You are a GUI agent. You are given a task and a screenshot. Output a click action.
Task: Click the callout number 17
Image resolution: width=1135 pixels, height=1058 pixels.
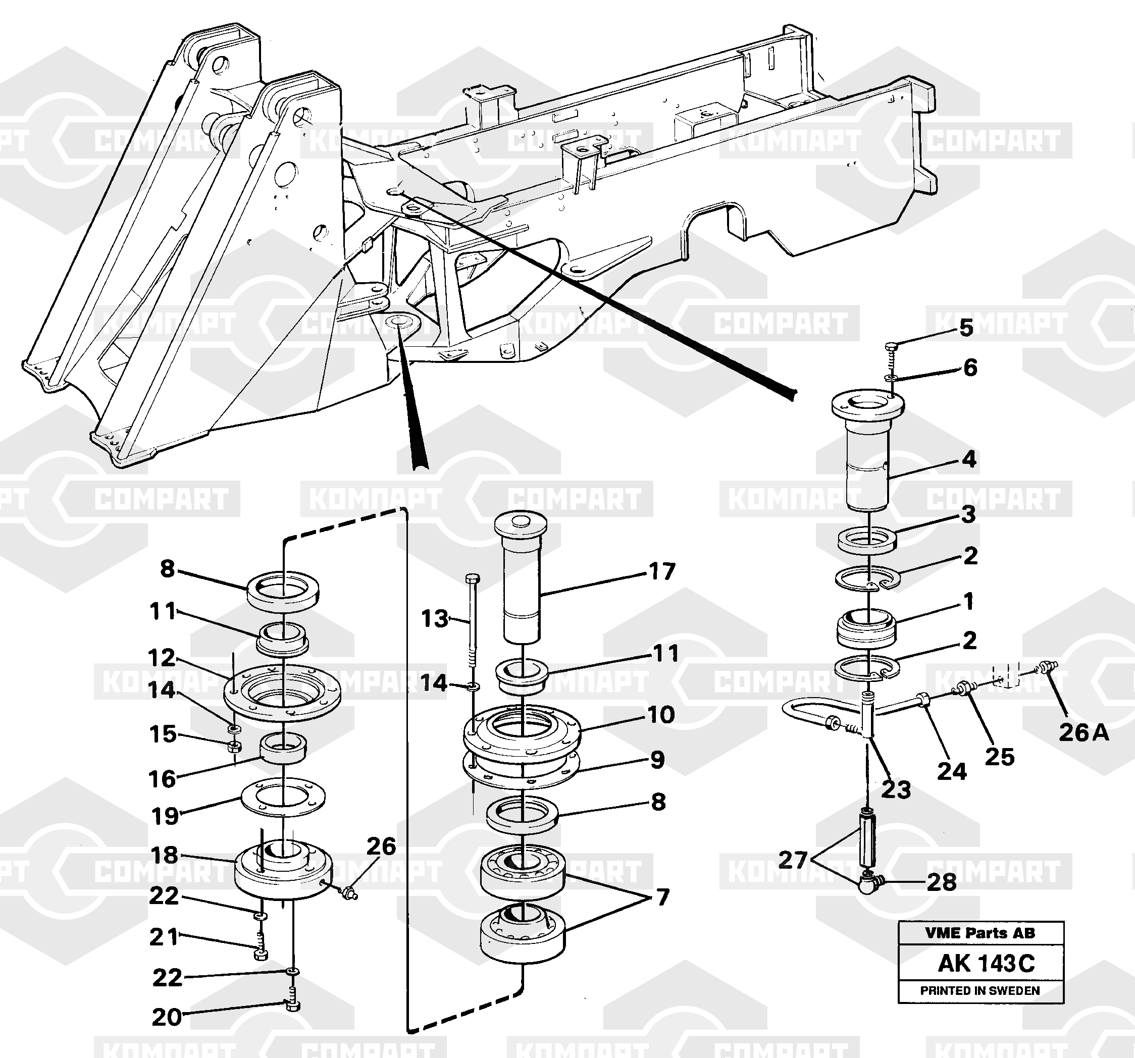[x=662, y=571]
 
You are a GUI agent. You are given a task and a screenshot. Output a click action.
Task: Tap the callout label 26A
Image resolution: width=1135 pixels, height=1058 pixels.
[x=1084, y=732]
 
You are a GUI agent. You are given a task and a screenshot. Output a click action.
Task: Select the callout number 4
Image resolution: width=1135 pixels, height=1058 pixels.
[x=969, y=459]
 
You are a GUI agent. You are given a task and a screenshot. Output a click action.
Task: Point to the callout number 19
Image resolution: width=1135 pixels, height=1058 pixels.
[x=165, y=816]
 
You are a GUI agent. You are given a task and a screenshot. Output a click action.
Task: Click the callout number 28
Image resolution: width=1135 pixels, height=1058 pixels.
[x=942, y=882]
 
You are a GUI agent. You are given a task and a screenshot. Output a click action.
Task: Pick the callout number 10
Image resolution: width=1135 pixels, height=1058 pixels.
[x=661, y=714]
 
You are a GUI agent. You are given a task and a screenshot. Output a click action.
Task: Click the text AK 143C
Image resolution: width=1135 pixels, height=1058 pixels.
[x=986, y=964]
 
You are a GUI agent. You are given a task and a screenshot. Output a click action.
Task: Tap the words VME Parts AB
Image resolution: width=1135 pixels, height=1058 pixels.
[x=979, y=933]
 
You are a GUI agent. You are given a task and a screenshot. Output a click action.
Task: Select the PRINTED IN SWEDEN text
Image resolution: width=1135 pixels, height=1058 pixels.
[x=979, y=991]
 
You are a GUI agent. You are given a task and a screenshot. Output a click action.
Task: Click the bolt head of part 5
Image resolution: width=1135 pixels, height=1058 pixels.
[x=891, y=346]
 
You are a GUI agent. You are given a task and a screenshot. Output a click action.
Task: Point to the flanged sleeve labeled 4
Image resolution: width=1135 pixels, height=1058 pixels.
[x=867, y=456]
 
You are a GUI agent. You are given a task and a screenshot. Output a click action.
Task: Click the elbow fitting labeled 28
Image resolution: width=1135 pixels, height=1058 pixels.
[x=869, y=882]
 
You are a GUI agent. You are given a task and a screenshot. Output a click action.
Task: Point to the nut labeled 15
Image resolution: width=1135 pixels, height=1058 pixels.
[x=233, y=746]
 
